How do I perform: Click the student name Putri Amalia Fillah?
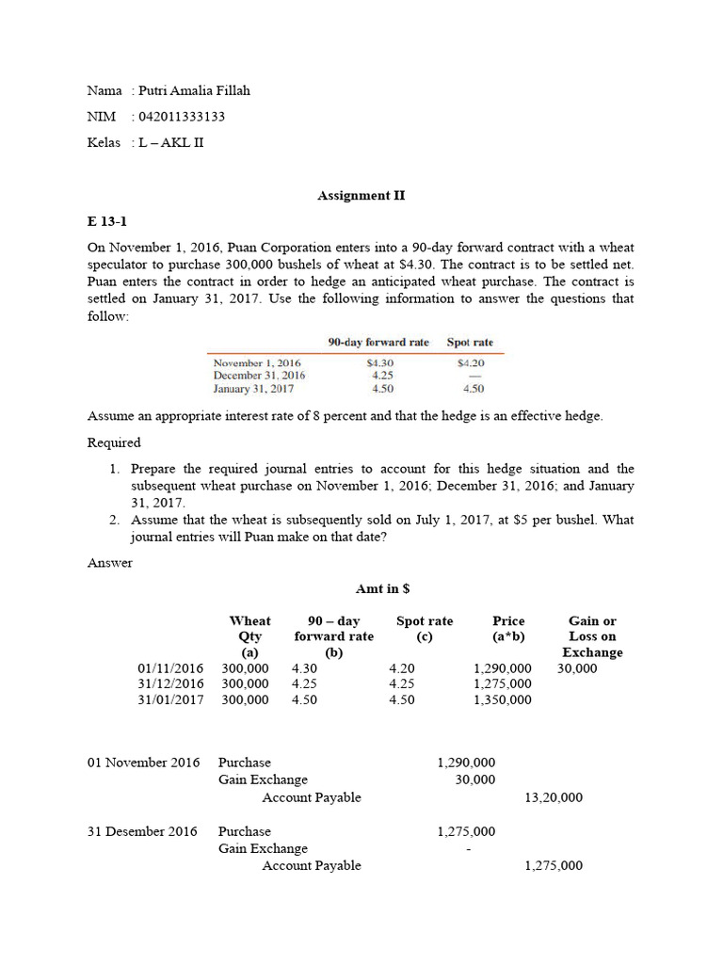click(194, 90)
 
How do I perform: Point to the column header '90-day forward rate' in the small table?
click(378, 343)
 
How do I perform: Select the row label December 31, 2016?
click(259, 375)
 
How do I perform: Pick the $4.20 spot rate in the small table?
click(470, 362)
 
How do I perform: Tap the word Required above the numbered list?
click(114, 442)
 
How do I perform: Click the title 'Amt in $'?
click(382, 588)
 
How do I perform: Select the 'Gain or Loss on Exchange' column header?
click(592, 636)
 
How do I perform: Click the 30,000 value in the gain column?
click(576, 667)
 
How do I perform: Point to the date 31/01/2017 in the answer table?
click(170, 699)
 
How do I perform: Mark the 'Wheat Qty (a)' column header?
click(249, 636)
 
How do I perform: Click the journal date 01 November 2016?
click(143, 763)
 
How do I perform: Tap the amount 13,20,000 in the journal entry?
click(553, 797)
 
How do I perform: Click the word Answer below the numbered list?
click(110, 563)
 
